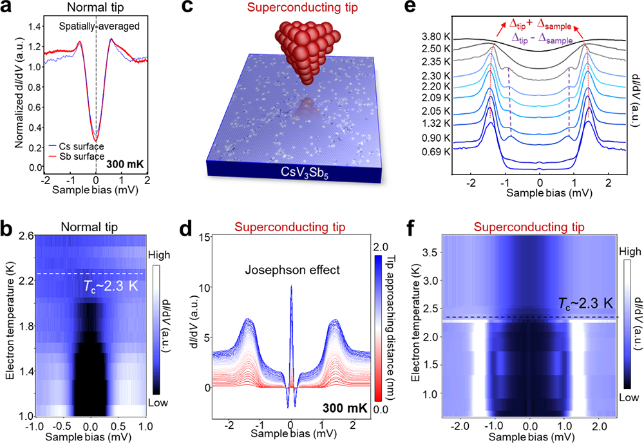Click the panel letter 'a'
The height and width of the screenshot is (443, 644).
click(8, 9)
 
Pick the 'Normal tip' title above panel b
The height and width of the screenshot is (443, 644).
click(84, 226)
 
